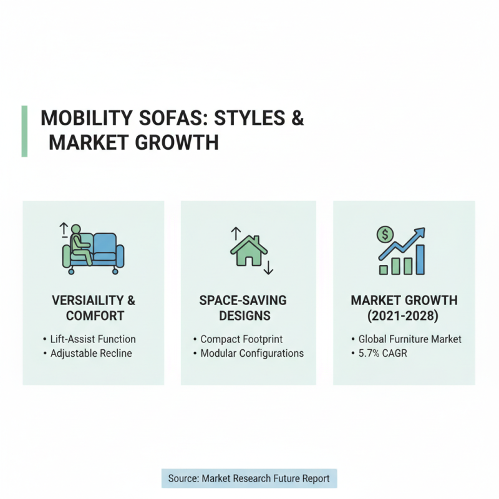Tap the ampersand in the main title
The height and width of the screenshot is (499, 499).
point(298,119)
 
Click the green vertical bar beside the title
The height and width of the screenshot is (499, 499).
point(24,131)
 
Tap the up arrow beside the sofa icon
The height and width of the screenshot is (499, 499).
point(63,230)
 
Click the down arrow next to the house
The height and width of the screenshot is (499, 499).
point(269,268)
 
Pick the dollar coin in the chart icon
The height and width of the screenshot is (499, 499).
point(385,235)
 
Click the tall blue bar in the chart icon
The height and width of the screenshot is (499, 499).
point(420,259)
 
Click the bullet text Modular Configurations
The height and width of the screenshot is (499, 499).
point(252,353)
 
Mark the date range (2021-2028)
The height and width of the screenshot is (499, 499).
point(404,316)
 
